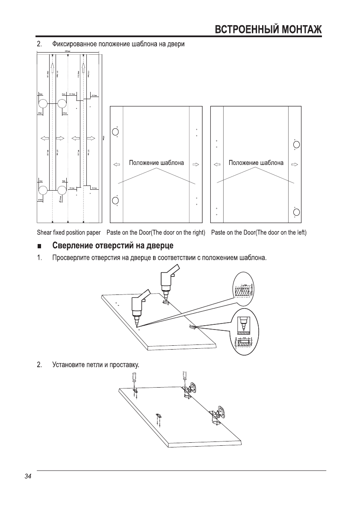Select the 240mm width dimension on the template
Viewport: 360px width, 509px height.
pyautogui.click(x=68, y=50)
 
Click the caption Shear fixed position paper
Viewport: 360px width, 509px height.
pyautogui.click(x=68, y=232)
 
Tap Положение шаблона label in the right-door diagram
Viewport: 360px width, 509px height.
pyautogui.click(x=156, y=163)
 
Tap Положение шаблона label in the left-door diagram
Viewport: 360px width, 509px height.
pyautogui.click(x=256, y=163)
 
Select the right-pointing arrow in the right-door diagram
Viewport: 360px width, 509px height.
pyautogui.click(x=196, y=164)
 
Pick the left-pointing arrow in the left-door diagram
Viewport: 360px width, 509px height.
pyautogui.click(x=217, y=164)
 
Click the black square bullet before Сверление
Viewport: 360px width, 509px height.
pyautogui.click(x=39, y=246)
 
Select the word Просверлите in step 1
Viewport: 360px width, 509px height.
pyautogui.click(x=70, y=258)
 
